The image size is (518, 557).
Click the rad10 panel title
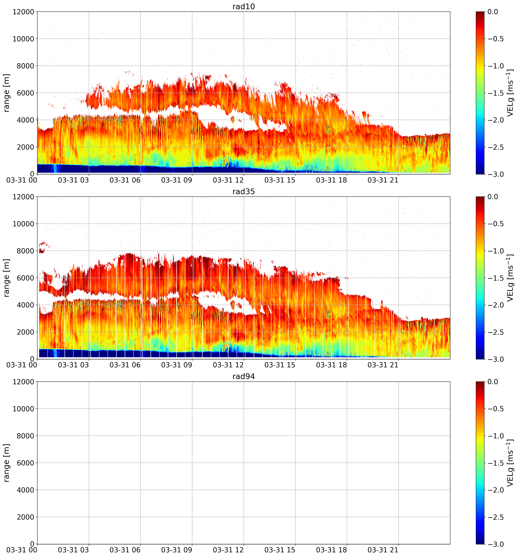[x=244, y=6]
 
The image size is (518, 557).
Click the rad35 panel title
[x=244, y=192]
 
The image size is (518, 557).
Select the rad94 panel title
[x=244, y=377]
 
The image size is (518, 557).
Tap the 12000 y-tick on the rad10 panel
[x=23, y=12]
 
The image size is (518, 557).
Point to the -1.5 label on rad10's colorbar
[x=496, y=93]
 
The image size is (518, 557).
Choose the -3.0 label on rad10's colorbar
[x=496, y=174]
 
